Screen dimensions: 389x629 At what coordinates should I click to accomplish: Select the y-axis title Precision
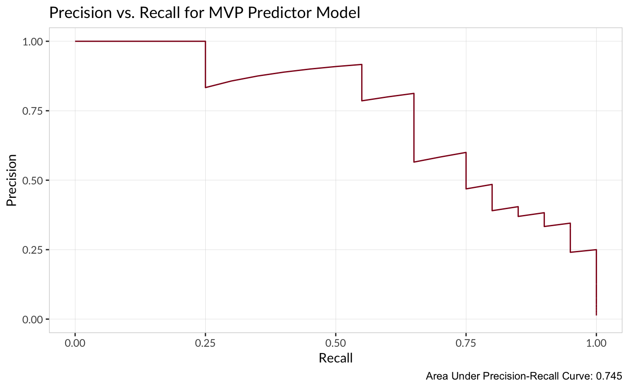point(12,180)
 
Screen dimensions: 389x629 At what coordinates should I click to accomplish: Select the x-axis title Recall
point(335,358)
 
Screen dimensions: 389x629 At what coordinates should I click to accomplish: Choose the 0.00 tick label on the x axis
point(75,343)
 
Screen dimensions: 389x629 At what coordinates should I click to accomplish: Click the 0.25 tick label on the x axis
point(205,343)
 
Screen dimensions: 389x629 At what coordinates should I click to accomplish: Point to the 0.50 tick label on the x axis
point(336,343)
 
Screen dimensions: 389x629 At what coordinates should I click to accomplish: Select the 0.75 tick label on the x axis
point(466,343)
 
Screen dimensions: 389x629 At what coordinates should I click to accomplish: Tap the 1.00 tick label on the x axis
point(596,343)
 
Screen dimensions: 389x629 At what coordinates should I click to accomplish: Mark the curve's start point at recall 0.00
point(75,41)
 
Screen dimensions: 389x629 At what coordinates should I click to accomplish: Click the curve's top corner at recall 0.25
point(205,41)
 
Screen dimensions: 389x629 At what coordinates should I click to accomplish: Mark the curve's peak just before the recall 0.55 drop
point(362,64)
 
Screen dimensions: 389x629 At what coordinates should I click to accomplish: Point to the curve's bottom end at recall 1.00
point(596,314)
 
